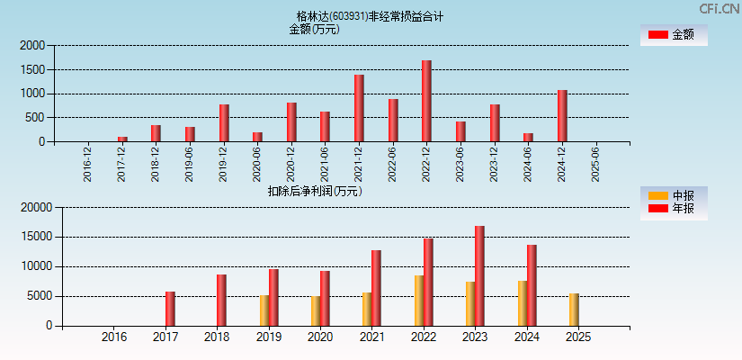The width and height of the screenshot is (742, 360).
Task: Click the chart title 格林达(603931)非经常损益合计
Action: (x=370, y=16)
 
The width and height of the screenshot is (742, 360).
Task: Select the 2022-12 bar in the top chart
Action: (x=426, y=101)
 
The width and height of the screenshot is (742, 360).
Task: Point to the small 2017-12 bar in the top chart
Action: (x=122, y=139)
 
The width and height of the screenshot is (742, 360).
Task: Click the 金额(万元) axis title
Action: (x=314, y=29)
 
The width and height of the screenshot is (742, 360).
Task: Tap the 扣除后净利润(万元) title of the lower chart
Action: (x=314, y=191)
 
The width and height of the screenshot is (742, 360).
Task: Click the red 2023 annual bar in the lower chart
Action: (x=479, y=275)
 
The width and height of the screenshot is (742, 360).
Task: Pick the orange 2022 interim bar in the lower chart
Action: (x=419, y=301)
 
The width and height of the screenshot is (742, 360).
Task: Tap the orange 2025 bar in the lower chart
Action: (x=574, y=310)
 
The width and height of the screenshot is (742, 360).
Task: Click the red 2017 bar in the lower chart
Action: (x=170, y=309)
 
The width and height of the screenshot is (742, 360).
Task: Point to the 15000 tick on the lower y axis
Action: (x=36, y=237)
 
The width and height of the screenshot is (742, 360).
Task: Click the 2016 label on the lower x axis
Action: (x=114, y=337)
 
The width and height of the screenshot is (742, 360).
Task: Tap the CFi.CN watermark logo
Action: (x=720, y=8)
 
